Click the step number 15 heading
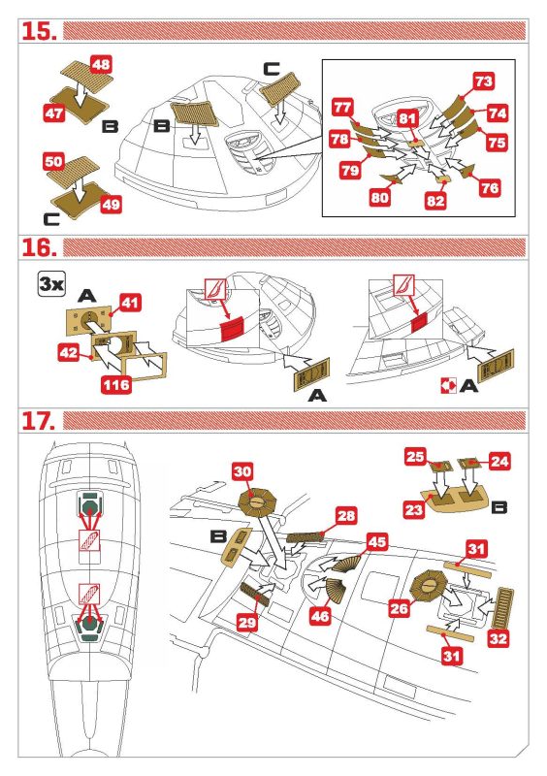click(x=39, y=31)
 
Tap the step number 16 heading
click(x=39, y=247)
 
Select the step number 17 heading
click(x=39, y=421)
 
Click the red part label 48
click(x=102, y=64)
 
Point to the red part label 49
click(x=111, y=205)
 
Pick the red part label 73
click(x=483, y=81)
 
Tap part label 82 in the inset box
click(x=435, y=201)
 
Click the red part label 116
click(x=116, y=384)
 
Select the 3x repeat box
click(x=52, y=284)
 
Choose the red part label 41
click(x=130, y=303)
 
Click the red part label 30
click(x=242, y=471)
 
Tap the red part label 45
click(x=376, y=541)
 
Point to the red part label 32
click(x=499, y=638)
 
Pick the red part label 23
click(x=414, y=509)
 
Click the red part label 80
click(x=379, y=198)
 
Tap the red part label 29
click(x=247, y=622)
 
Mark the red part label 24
click(x=499, y=462)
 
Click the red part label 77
click(x=342, y=108)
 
